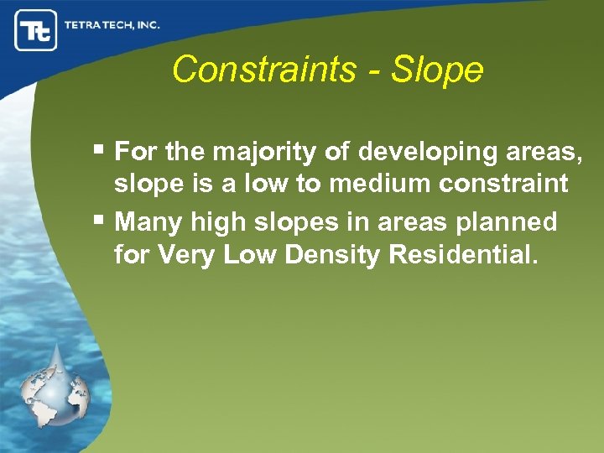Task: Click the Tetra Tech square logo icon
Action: tap(36, 31)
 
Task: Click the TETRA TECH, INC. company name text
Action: tap(112, 25)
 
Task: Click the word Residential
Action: tap(461, 254)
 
